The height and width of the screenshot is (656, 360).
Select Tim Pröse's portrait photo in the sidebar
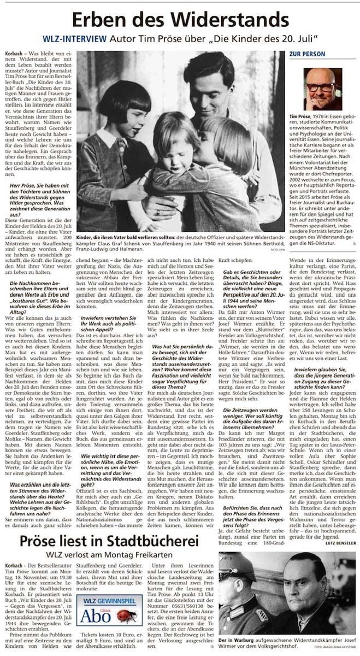[322, 89]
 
